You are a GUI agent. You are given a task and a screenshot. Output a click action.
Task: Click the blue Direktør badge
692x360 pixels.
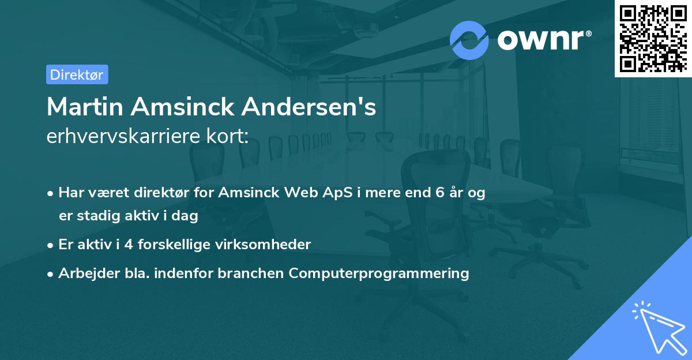[77, 74]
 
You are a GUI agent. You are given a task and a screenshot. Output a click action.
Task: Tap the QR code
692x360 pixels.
[653, 38]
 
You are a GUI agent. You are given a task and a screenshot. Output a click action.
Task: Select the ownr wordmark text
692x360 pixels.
[544, 40]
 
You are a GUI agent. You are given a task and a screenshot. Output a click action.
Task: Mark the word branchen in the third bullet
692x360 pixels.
[251, 273]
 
